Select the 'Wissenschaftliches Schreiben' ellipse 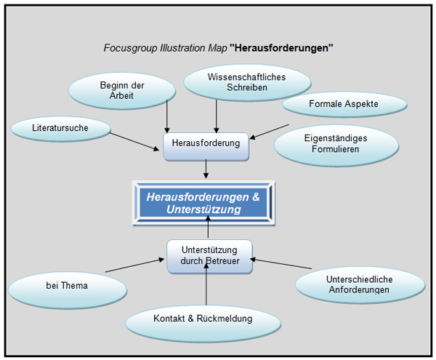(237, 81)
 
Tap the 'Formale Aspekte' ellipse (343, 104)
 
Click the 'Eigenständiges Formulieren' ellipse (336, 143)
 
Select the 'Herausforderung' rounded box (206, 144)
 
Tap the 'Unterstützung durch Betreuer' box (209, 256)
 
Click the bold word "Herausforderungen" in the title (281, 49)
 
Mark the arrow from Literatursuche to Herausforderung (134, 140)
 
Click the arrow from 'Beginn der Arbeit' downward (167, 115)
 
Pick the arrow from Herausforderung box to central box (206, 168)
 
